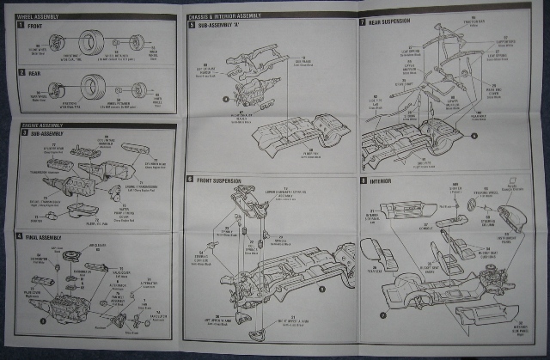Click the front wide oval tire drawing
coord(92,40)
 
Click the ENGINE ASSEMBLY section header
coord(38,125)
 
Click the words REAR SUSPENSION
coord(388,21)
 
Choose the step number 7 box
coord(363,21)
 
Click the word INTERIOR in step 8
coord(382,182)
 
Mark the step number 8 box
coord(363,182)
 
